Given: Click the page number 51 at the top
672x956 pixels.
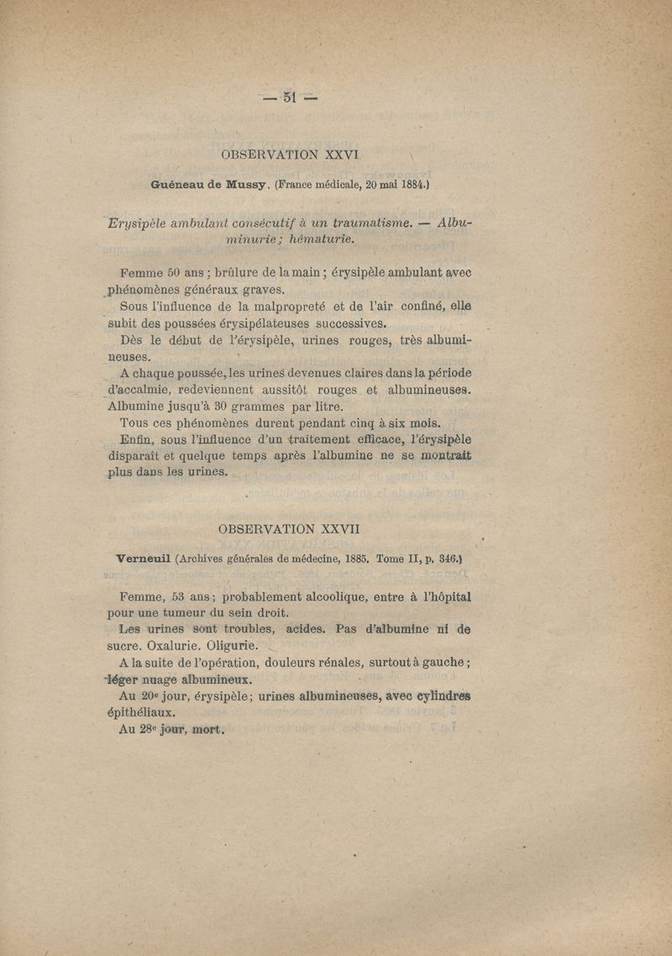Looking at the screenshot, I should [x=290, y=97].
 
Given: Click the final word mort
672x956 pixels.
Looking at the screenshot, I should [x=207, y=729].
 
